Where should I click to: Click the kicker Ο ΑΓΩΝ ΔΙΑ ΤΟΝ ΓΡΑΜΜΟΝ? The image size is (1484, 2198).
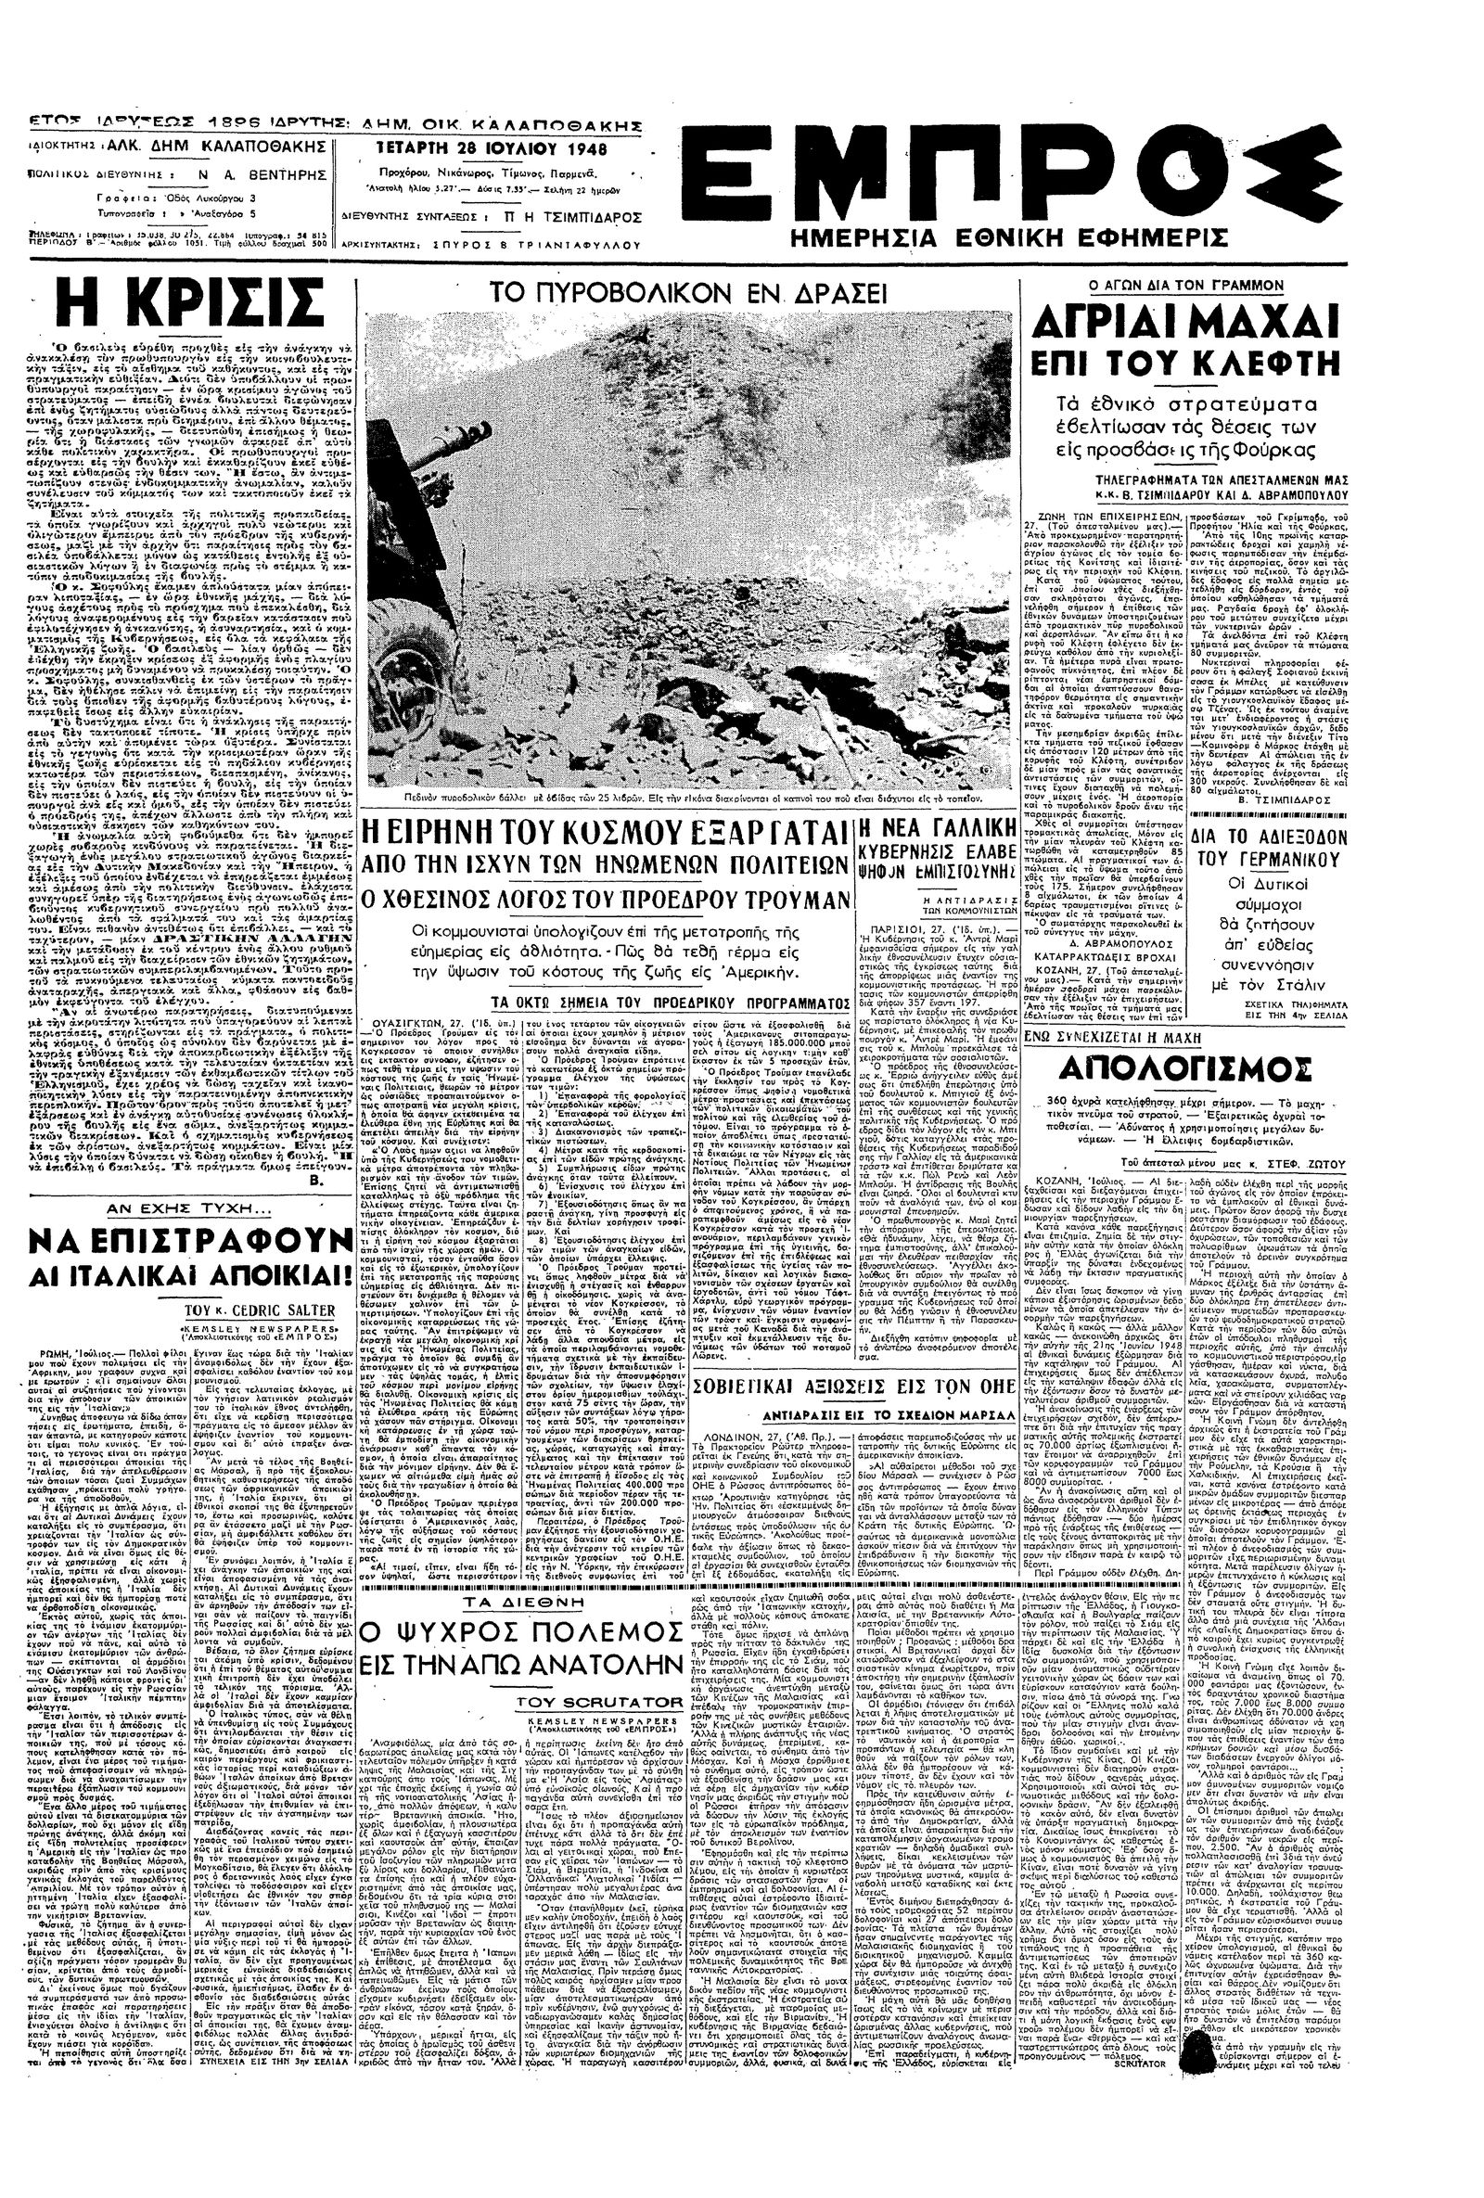coord(1182,284)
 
